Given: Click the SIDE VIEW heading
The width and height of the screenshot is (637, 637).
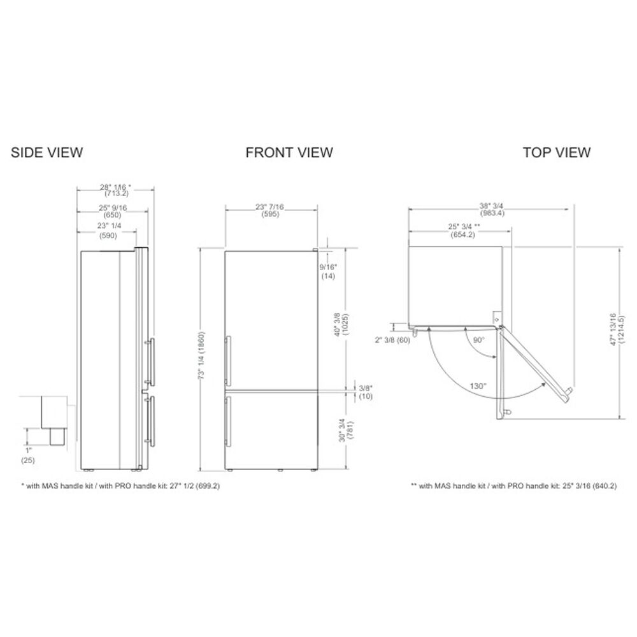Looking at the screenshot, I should [47, 152].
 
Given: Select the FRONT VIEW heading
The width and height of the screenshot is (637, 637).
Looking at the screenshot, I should [289, 152].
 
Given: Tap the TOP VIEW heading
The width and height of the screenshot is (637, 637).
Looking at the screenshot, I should [556, 152].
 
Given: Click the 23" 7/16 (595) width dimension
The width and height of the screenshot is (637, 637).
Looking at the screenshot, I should [270, 211].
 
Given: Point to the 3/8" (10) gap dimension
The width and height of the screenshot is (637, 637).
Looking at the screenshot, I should [364, 391].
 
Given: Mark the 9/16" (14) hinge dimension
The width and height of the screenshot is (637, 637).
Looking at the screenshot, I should [329, 272].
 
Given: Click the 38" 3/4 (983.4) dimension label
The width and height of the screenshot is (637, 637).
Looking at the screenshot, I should [492, 210].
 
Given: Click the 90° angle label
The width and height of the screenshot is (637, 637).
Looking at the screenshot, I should [478, 340].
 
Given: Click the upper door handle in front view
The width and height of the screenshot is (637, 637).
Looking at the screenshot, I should [228, 360].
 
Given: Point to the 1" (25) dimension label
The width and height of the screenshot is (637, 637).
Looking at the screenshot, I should [27, 455].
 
